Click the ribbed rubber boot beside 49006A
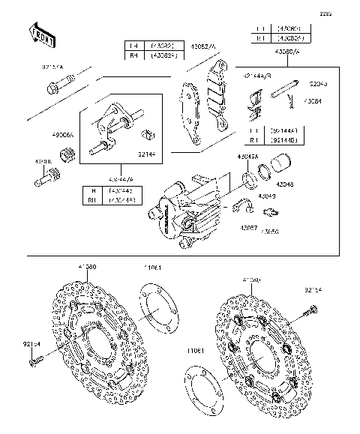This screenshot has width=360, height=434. tap(67, 155)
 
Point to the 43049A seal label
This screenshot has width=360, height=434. tap(248, 156)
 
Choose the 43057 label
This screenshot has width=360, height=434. tap(249, 226)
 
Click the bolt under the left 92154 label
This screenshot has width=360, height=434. tap(33, 362)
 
